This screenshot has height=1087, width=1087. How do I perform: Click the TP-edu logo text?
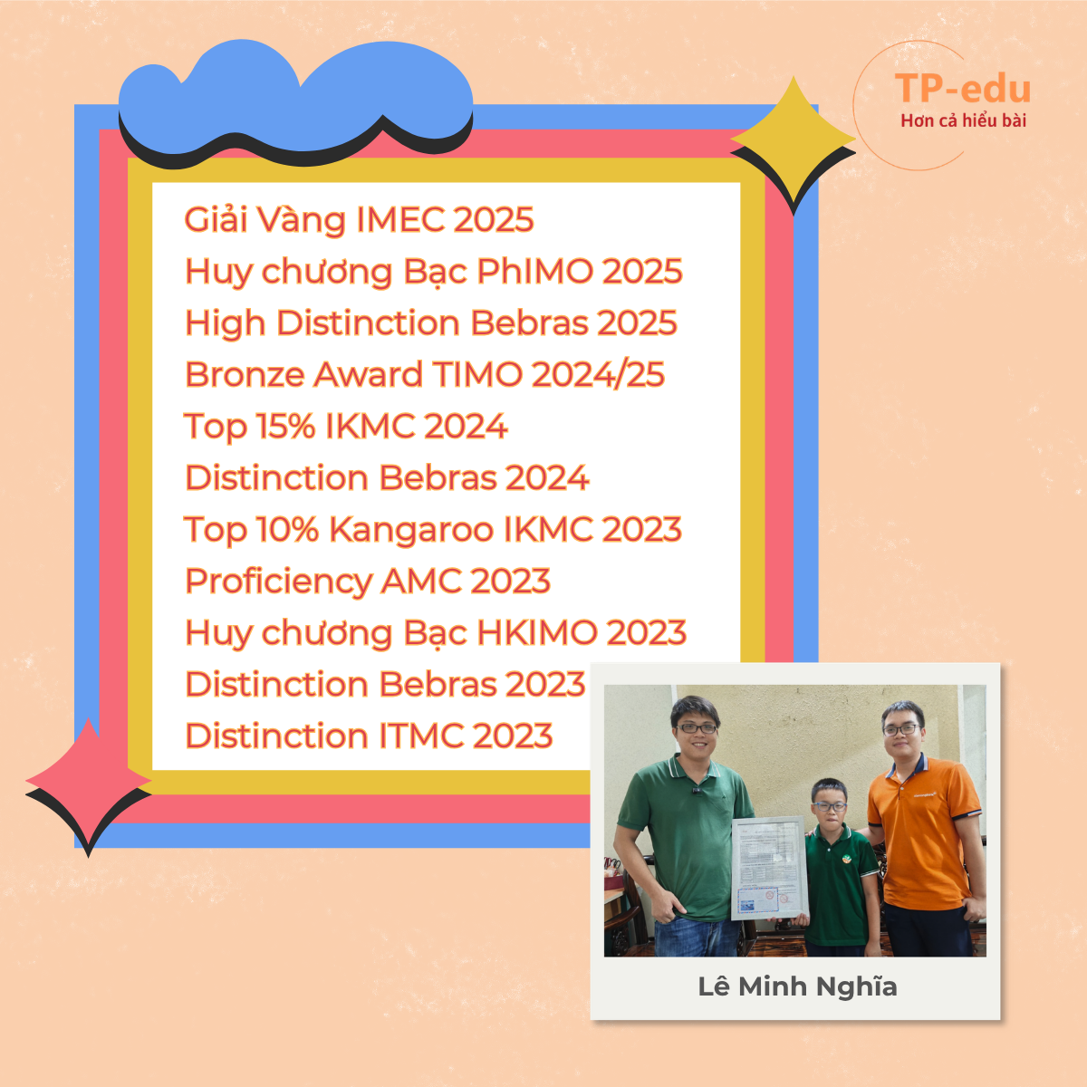[x=962, y=89]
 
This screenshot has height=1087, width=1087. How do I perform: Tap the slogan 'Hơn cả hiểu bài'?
[x=963, y=120]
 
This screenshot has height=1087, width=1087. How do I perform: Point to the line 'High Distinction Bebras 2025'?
[x=431, y=323]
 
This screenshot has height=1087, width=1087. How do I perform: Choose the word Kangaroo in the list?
[x=411, y=530]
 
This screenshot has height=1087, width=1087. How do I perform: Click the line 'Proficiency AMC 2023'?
[x=368, y=582]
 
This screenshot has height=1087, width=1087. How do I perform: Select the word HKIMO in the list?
[x=537, y=632]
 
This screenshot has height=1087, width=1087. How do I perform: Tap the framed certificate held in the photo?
[x=770, y=868]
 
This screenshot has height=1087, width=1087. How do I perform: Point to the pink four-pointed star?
[x=89, y=781]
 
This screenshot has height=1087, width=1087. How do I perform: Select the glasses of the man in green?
[x=696, y=728]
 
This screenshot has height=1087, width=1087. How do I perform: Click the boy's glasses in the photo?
[x=829, y=807]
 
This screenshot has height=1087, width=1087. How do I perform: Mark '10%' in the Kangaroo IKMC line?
[x=287, y=530]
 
